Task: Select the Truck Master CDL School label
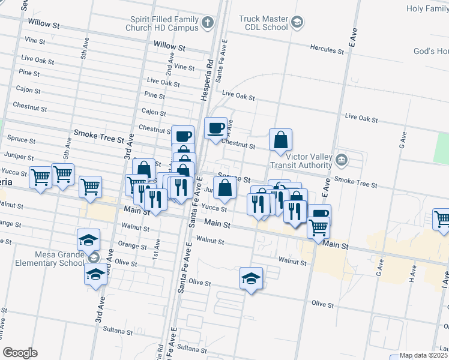point(264,23)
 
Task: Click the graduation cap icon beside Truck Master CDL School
point(297,23)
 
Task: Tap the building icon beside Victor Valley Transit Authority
point(341,160)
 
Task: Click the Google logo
point(20,352)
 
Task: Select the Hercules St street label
point(327,50)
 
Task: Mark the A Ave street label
point(230,127)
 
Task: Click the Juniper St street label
point(19,157)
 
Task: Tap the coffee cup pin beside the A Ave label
point(215,128)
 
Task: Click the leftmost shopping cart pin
point(40,178)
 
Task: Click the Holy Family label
point(427,8)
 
